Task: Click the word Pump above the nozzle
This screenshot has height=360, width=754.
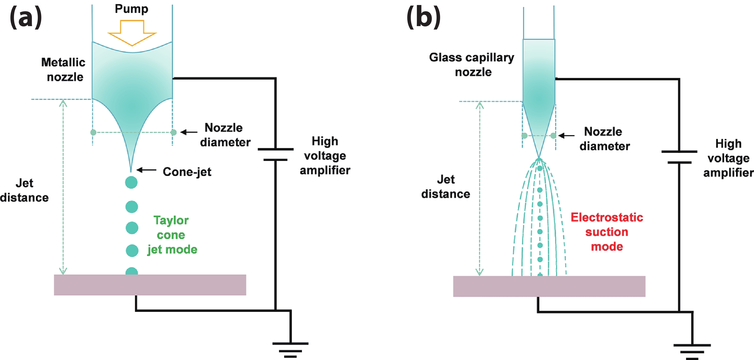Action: click(131, 9)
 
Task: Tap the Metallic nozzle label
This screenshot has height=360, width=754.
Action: click(64, 70)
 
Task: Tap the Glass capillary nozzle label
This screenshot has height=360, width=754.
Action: click(472, 65)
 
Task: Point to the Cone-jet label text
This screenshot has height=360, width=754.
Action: click(187, 172)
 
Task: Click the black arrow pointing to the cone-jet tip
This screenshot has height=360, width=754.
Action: click(146, 170)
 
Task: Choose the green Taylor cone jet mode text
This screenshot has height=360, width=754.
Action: click(172, 235)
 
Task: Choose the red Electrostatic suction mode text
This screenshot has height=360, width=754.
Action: click(607, 232)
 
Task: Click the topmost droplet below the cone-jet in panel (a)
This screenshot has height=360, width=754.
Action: click(131, 183)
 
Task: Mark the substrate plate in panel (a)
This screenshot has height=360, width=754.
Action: click(150, 285)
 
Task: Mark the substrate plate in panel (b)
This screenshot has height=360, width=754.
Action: click(549, 286)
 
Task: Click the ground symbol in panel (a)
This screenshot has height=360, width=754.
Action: click(290, 350)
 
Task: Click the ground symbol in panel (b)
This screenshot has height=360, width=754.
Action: click(692, 352)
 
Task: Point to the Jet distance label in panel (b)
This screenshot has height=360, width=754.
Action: click(445, 187)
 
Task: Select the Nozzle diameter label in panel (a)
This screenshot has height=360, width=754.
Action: click(225, 135)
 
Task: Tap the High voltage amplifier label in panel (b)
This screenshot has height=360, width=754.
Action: click(728, 158)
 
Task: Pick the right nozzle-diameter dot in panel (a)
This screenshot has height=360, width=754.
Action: click(173, 132)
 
